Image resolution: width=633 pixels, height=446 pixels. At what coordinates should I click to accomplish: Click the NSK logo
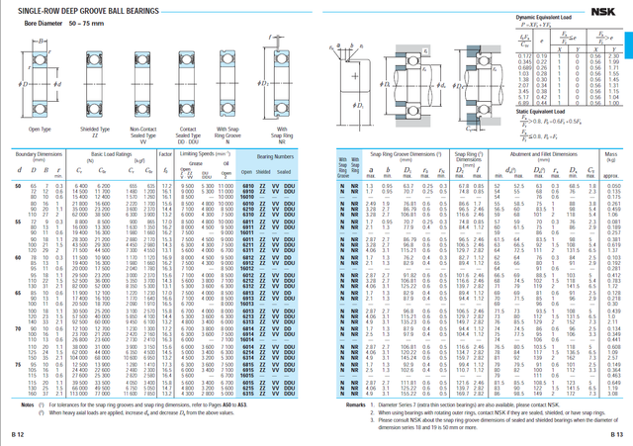pos(603,9)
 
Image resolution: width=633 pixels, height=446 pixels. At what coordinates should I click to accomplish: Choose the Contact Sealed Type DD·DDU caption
pos(188,134)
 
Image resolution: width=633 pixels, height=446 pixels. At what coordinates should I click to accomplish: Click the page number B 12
pos(17,433)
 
